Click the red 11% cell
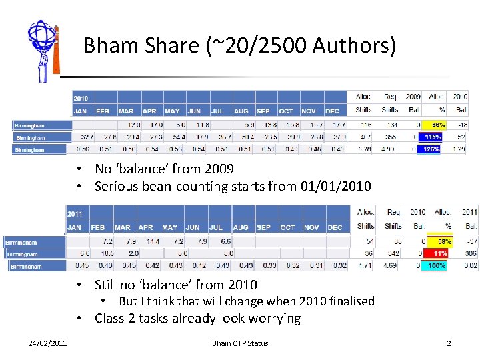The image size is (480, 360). [440, 254]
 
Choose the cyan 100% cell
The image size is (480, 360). [440, 266]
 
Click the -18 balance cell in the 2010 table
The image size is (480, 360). [460, 125]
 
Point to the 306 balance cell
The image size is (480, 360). [469, 254]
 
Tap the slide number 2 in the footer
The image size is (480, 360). [449, 343]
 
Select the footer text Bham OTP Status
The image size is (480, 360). [240, 343]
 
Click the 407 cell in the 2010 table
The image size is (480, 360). [365, 137]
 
